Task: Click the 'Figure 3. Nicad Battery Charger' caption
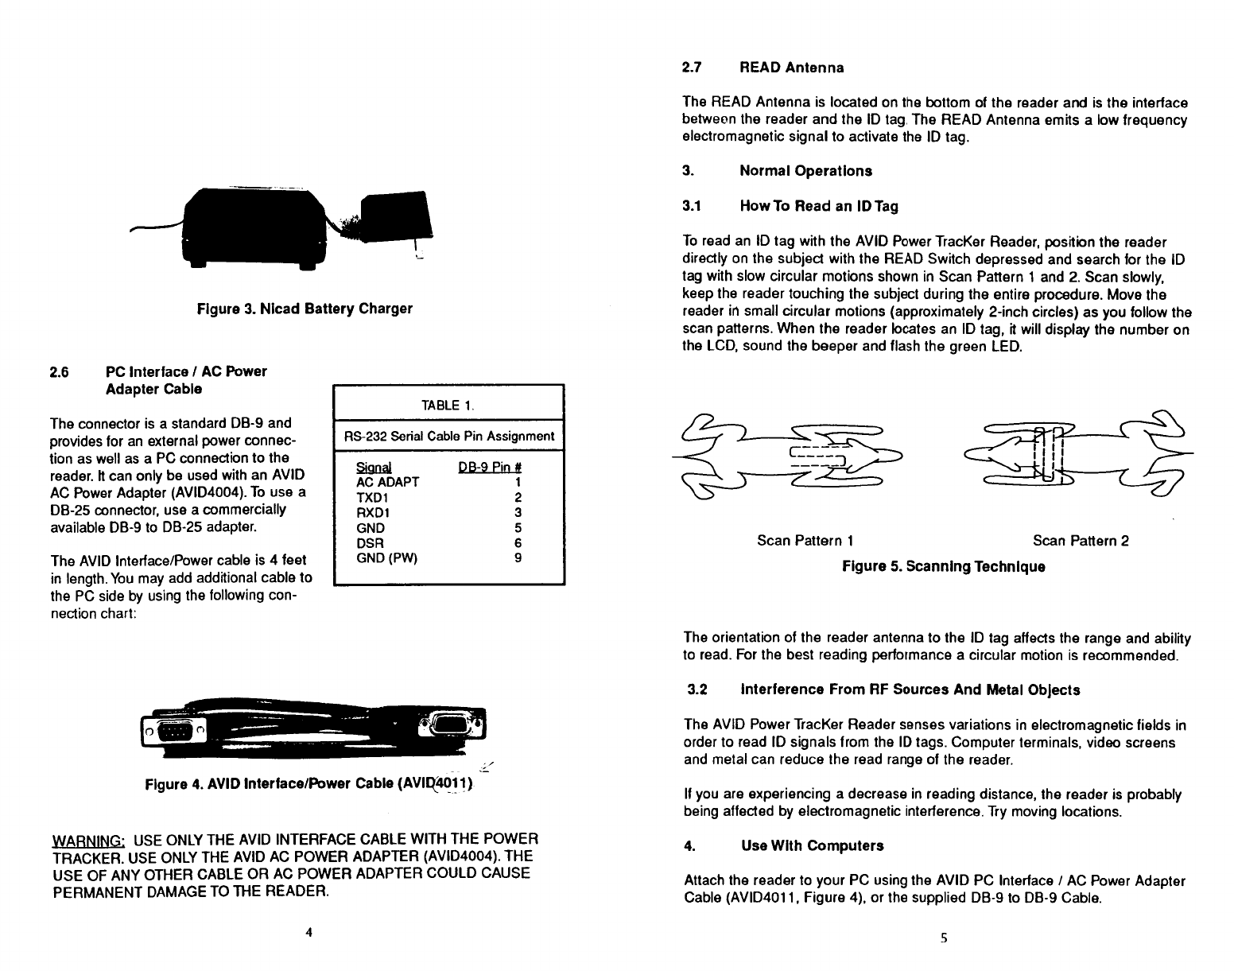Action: coord(305,308)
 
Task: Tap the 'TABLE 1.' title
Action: coord(448,406)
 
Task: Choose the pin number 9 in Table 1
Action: coord(518,558)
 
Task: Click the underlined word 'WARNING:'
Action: coord(87,840)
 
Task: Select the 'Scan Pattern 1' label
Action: coord(805,541)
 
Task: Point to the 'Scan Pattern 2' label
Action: coord(1080,541)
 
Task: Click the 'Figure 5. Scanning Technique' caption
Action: coord(943,566)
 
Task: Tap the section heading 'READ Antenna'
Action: coord(791,68)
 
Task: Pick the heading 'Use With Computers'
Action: coord(812,845)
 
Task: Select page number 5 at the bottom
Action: coord(943,938)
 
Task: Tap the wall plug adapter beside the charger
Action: coord(396,216)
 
